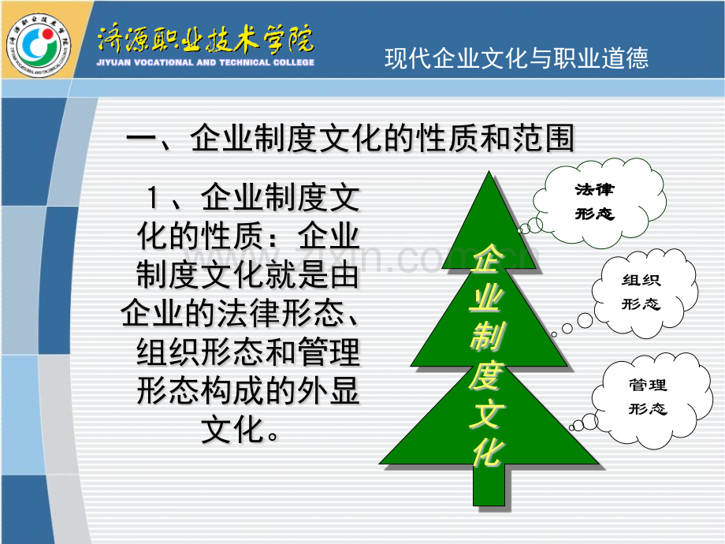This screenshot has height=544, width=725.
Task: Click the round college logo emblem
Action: [39, 46]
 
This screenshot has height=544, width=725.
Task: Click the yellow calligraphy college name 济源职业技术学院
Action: [206, 39]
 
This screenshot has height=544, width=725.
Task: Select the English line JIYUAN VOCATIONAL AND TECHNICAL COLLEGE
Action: [206, 62]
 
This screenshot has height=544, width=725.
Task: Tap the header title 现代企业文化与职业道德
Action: [516, 58]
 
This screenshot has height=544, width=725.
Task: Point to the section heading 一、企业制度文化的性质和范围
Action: [350, 138]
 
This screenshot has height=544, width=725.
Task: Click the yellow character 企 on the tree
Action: [486, 259]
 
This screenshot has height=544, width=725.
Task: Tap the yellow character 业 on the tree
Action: [486, 297]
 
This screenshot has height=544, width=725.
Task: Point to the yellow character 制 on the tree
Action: [486, 336]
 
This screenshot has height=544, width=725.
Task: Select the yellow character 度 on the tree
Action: [486, 374]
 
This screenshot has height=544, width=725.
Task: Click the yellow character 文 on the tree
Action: [486, 414]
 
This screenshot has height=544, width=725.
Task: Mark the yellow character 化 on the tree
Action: [486, 452]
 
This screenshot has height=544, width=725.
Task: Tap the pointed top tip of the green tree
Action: [489, 172]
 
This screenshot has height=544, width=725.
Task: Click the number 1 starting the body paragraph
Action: [153, 198]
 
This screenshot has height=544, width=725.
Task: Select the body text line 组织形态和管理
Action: [248, 352]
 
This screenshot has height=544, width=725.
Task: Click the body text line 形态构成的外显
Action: [248, 391]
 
